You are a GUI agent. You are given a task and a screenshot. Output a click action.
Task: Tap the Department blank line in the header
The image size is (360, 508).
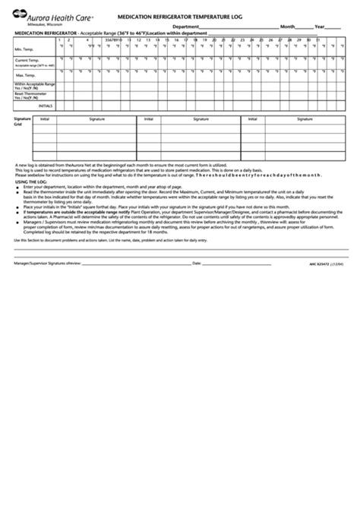228,26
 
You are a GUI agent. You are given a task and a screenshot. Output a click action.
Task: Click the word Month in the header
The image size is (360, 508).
288,26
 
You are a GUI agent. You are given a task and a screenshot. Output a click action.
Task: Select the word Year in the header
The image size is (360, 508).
322,26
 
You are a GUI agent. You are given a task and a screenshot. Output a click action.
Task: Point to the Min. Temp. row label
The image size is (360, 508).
24,49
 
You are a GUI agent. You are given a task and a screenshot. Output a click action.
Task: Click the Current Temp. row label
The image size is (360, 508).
27,59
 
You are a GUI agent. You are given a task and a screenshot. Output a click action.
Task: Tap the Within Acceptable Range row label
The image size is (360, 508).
34,86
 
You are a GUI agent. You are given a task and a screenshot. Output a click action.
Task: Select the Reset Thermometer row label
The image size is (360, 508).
32,96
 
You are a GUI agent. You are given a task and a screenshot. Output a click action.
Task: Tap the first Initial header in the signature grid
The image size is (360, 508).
45,119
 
